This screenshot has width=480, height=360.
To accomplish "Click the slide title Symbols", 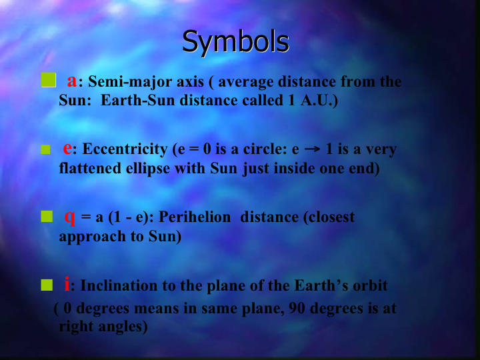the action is coord(235,42).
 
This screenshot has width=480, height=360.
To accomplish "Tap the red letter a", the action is coord(72,81).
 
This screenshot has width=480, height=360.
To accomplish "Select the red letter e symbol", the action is coord(67,149).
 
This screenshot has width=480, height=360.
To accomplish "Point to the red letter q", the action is coord(70,218).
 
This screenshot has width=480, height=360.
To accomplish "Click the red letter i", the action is coord(67,283).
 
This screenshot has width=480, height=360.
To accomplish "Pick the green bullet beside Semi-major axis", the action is coord(49,80).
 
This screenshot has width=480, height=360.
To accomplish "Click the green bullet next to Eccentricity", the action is coord(45,150).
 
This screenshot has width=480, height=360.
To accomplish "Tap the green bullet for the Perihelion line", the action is coord(47,216).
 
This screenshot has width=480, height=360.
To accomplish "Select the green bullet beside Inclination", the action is coord(47,285).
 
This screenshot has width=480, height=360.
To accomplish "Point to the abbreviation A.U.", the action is coord(317,101).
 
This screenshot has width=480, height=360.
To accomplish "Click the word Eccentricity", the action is coord(125,150).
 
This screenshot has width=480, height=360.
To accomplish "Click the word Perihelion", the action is coord(195,217).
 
